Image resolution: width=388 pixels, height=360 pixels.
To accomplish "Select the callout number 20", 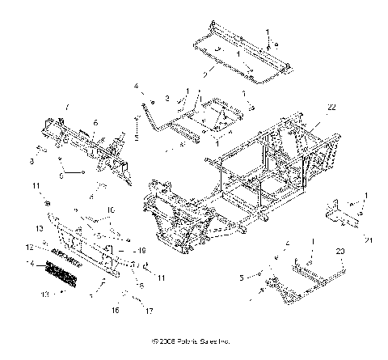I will pos(340,252).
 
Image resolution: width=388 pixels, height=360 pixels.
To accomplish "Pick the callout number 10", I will pos(111,209).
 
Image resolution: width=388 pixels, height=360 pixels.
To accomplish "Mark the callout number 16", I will pos(115,310).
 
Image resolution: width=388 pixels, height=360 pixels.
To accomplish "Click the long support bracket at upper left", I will pos(89,146).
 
